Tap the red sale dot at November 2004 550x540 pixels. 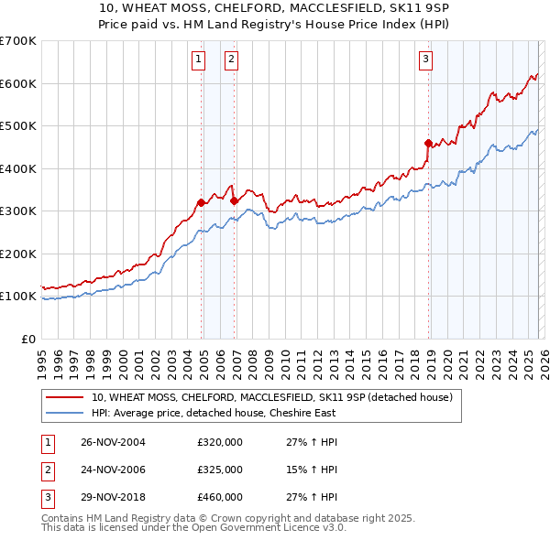pos(202,202)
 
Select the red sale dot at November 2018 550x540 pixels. pos(428,143)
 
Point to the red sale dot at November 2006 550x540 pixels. pos(234,200)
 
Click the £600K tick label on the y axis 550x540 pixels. pos(17,83)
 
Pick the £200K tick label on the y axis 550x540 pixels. pos(17,254)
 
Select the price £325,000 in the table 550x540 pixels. pos(220,470)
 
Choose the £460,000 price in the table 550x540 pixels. pos(220,498)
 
